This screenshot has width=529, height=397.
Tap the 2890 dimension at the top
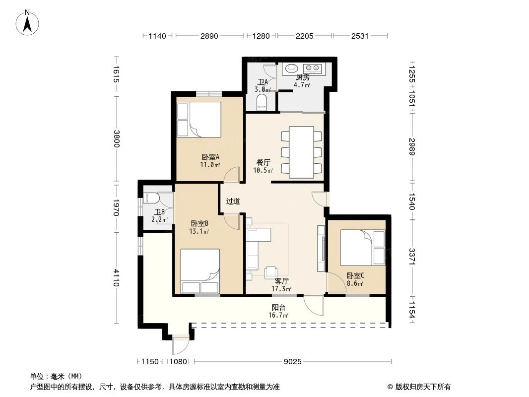tap(209, 36)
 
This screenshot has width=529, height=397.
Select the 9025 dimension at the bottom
tap(292, 362)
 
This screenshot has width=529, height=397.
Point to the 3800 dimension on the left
tap(117, 138)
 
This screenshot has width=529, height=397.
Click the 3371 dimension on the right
tap(412, 257)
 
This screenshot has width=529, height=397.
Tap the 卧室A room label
tap(210, 157)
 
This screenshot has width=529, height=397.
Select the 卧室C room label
tap(355, 275)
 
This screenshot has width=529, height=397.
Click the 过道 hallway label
tap(233, 201)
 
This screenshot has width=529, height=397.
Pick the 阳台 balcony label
tap(279, 308)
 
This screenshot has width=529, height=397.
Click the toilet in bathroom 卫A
tap(262, 103)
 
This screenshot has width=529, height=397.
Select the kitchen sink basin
tap(291, 68)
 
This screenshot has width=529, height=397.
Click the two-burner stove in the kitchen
tap(312, 68)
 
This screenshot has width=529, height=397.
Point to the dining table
tap(302, 152)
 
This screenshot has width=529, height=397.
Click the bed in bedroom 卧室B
tap(200, 271)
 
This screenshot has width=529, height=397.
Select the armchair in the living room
tap(271, 272)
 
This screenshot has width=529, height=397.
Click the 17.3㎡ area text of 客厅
tap(281, 289)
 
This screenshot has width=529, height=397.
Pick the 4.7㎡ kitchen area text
tap(302, 85)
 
